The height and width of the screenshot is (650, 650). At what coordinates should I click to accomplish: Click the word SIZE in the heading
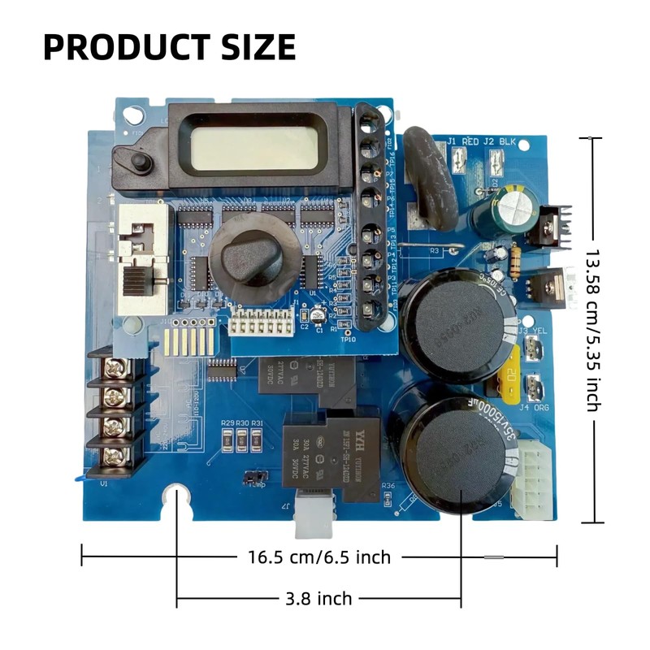pyautogui.click(x=251, y=46)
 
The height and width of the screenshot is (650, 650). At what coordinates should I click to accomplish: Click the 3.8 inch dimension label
pyautogui.click(x=318, y=599)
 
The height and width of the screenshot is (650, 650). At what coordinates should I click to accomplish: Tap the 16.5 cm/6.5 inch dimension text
pyautogui.click(x=318, y=557)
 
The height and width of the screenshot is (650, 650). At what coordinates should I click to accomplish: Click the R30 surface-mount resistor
pyautogui.click(x=242, y=440)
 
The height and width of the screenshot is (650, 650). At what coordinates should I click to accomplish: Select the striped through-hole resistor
pyautogui.click(x=513, y=259)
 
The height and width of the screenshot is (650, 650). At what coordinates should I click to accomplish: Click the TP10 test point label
pyautogui.click(x=350, y=340)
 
